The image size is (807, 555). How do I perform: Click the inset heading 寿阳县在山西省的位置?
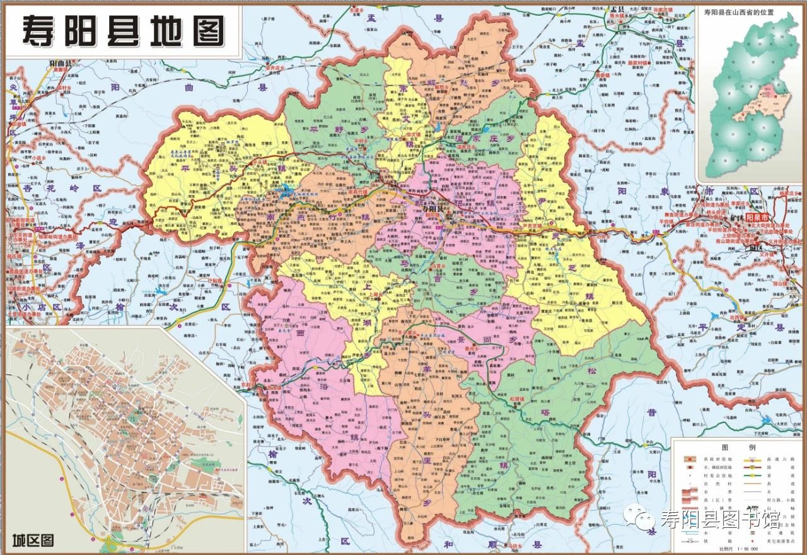[x=747, y=13]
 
